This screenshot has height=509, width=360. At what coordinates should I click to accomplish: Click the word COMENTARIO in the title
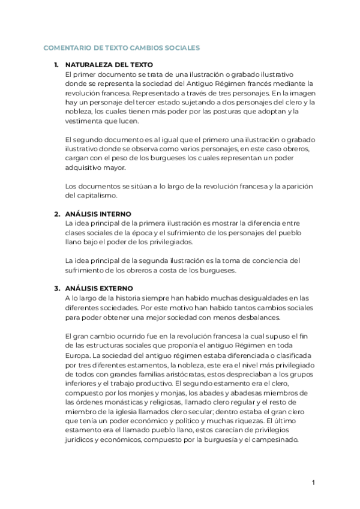(x=68, y=47)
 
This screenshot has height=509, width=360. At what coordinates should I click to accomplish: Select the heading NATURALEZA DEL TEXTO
(x=109, y=64)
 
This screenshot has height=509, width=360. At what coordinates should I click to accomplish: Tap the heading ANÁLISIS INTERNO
(x=98, y=214)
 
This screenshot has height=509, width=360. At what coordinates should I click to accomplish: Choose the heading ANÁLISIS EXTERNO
(x=99, y=288)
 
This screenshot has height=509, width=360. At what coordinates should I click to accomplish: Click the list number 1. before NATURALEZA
(x=56, y=64)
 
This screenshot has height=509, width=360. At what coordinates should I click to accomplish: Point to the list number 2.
(x=56, y=214)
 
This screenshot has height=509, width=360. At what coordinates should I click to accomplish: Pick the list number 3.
(x=56, y=288)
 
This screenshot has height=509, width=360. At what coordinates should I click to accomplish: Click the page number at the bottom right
(x=313, y=483)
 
